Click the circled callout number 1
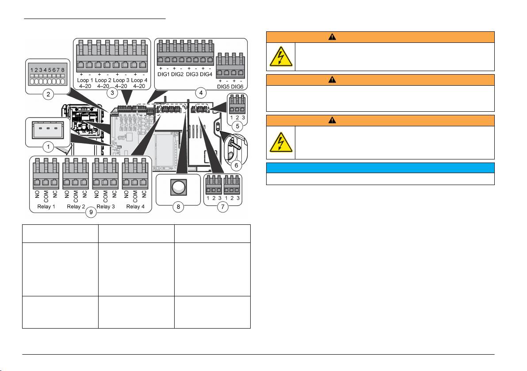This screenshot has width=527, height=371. [x=48, y=147]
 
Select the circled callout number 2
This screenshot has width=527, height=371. [x=48, y=94]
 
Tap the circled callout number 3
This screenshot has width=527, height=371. [x=112, y=93]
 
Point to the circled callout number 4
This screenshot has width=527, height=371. [x=201, y=93]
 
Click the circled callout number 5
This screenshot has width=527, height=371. [x=237, y=126]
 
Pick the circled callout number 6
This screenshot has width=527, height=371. [x=236, y=165]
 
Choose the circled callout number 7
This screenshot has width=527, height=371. [x=222, y=207]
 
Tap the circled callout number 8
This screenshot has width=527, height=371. [x=179, y=207]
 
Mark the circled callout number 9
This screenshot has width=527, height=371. [x=91, y=212]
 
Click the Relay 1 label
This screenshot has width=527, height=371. [x=46, y=207]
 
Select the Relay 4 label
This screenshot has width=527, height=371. [x=135, y=207]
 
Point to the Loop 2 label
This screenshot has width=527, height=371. [x=103, y=80]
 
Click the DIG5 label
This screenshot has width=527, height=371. [x=223, y=87]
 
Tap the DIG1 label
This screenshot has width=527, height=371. [x=164, y=74]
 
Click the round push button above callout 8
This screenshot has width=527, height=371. [x=178, y=187]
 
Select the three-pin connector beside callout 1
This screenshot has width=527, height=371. [x=48, y=130]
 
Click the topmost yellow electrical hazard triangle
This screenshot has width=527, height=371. [x=281, y=57]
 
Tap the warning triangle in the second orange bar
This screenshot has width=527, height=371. [x=332, y=79]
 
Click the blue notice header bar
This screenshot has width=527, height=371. [x=380, y=168]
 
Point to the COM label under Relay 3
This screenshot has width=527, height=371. [x=105, y=197]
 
